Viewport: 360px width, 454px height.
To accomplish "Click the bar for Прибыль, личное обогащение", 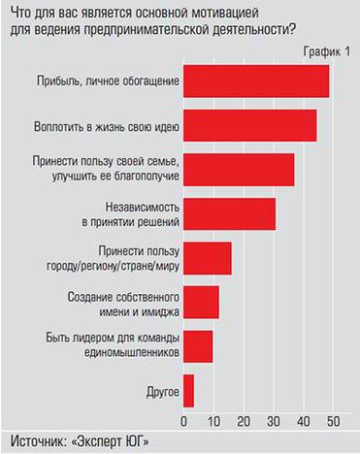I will pos(256,81).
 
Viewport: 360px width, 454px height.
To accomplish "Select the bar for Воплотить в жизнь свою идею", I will pos(249,125).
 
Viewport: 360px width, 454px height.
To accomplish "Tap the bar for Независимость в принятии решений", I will pos(229,214).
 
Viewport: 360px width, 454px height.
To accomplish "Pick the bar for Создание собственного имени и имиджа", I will pos(201,303).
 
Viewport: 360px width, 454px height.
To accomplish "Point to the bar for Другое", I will pos(188,390).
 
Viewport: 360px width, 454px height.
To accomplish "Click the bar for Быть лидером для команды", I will pos(198,346).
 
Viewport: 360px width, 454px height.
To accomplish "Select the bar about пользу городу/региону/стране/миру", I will pos(207,259).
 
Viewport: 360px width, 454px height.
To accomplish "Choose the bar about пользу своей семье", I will pos(239,170).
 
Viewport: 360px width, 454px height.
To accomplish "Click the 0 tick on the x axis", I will pos(183,422).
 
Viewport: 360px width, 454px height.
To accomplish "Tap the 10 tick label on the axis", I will pos(213,422).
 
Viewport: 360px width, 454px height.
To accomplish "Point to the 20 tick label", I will pos(244,422).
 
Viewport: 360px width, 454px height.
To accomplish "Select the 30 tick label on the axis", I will pos(274,422).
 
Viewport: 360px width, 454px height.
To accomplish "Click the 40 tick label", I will pos(304,422).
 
